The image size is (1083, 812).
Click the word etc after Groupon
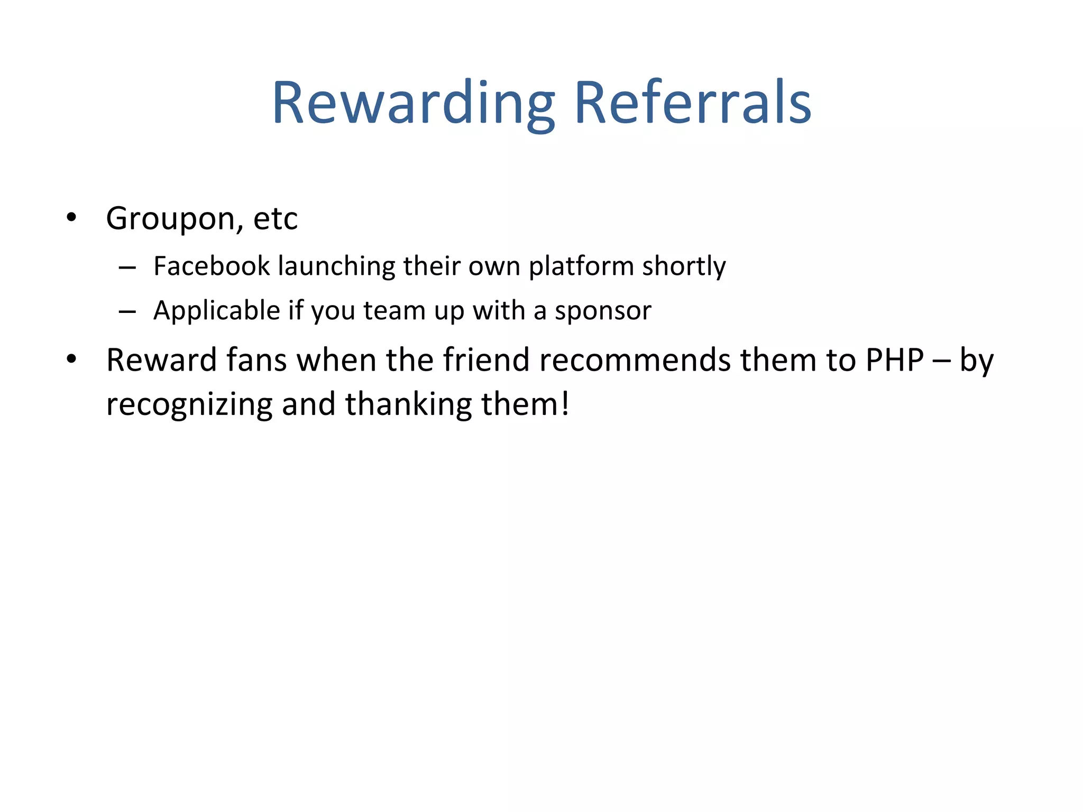[x=276, y=218]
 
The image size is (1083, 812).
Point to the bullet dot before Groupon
[x=71, y=217]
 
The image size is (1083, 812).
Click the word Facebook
[x=212, y=265]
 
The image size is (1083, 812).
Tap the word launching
[x=336, y=265]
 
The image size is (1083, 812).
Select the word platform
[x=581, y=266]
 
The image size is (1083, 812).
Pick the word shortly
[x=684, y=266]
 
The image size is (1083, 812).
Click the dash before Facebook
[x=127, y=268]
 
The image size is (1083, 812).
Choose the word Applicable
[x=216, y=310]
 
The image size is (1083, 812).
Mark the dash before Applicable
[x=127, y=312]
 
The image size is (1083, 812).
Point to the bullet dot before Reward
[x=71, y=359]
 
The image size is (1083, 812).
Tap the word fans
[x=256, y=360]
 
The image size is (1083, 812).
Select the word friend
[x=486, y=360]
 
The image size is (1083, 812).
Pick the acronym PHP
[x=894, y=360]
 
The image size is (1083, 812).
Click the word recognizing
[x=189, y=405]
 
